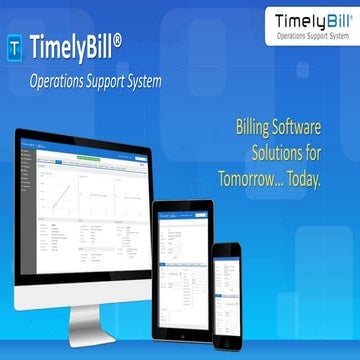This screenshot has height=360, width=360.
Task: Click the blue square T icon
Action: (16, 46)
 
